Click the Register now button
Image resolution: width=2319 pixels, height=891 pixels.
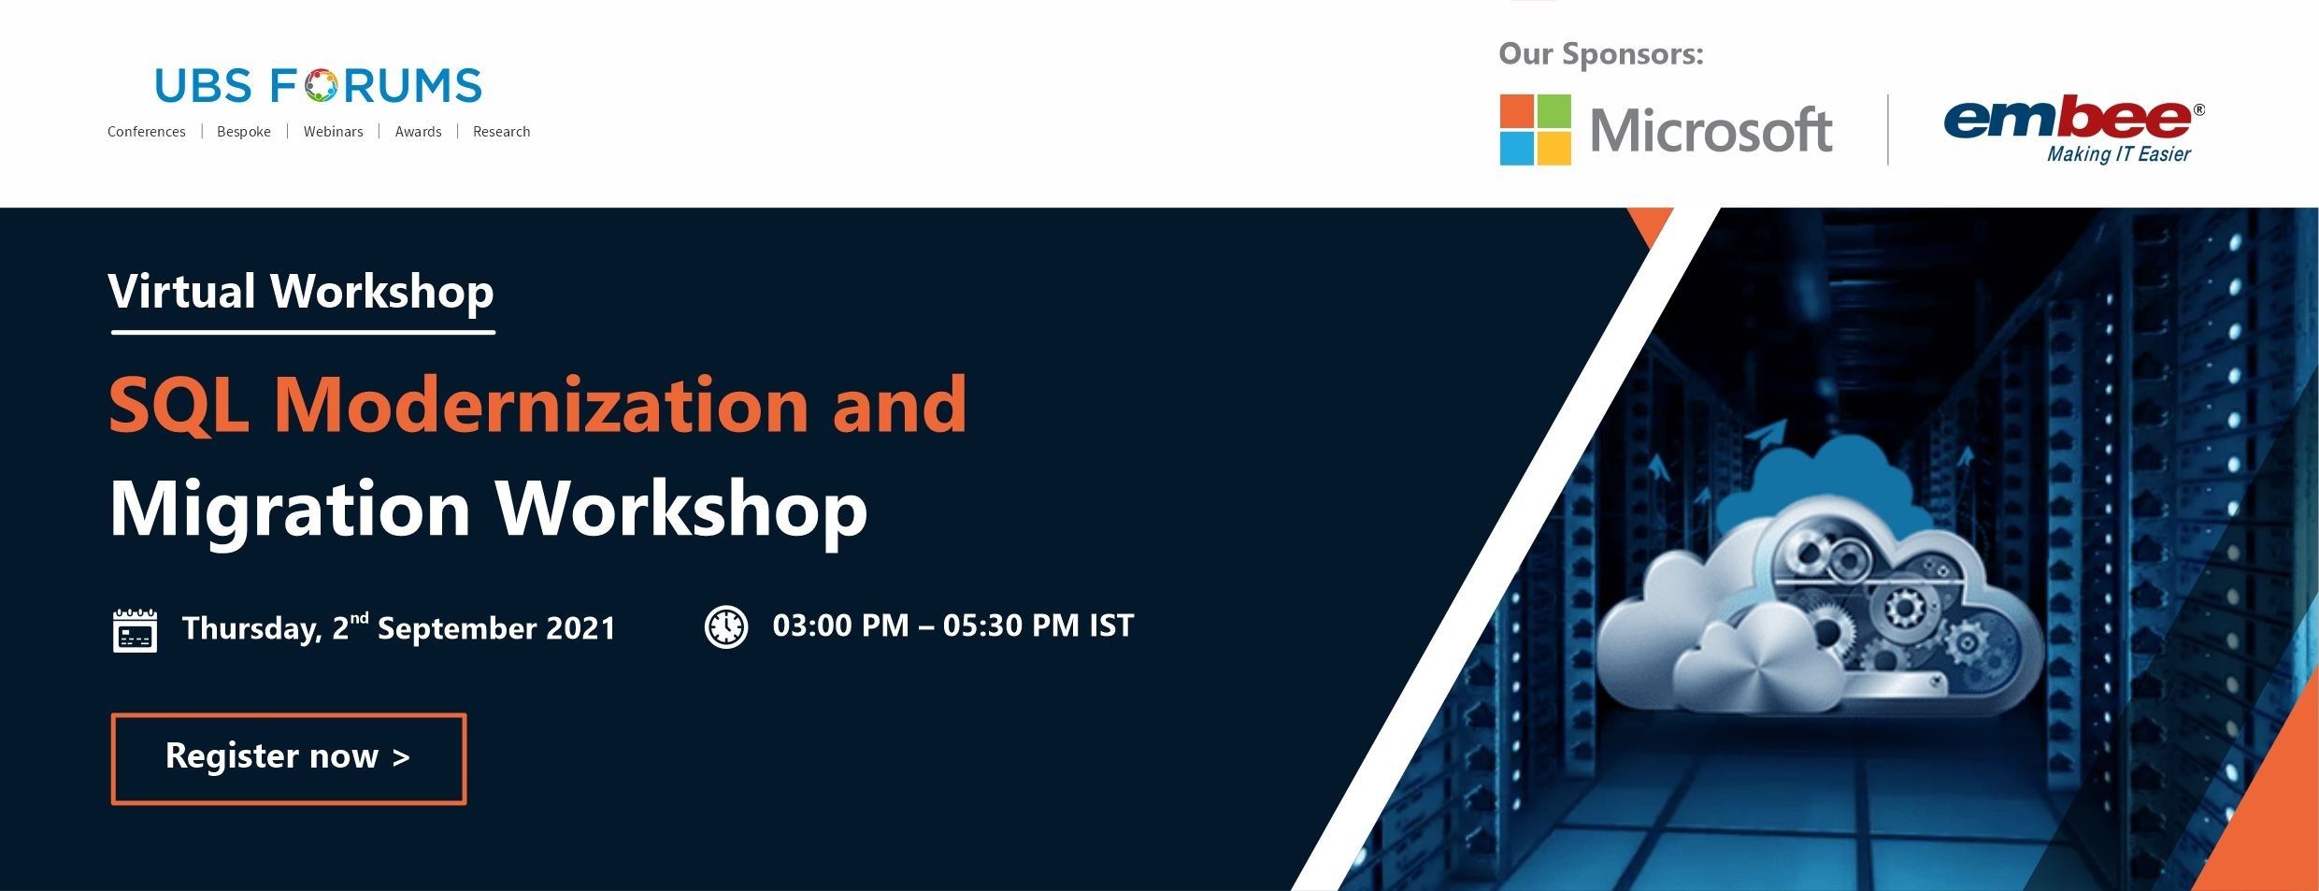pyautogui.click(x=289, y=758)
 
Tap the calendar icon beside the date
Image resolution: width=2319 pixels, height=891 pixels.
pyautogui.click(x=135, y=630)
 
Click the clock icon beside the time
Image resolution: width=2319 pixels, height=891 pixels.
pyautogui.click(x=725, y=626)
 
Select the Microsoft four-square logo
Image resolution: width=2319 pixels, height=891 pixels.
pyautogui.click(x=1535, y=129)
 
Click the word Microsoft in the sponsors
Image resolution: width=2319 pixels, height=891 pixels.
pyautogui.click(x=1711, y=130)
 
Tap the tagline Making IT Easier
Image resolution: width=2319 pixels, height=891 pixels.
pyautogui.click(x=2118, y=154)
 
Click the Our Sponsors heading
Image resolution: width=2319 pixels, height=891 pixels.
pyautogui.click(x=1600, y=54)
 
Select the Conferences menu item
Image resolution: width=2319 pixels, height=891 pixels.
pyautogui.click(x=146, y=132)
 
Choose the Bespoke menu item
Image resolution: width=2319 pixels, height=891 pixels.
pyautogui.click(x=244, y=132)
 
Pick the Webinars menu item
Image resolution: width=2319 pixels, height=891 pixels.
pyautogui.click(x=333, y=132)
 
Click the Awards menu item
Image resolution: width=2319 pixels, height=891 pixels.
pyautogui.click(x=418, y=132)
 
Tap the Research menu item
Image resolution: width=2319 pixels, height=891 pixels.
pyautogui.click(x=501, y=132)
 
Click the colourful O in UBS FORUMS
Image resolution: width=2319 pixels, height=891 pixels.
pyautogui.click(x=320, y=85)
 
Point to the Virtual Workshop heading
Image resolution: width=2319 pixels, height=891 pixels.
pyautogui.click(x=301, y=291)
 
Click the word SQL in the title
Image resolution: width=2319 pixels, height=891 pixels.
pyautogui.click(x=179, y=404)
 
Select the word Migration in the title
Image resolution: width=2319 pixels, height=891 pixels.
pyautogui.click(x=290, y=510)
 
